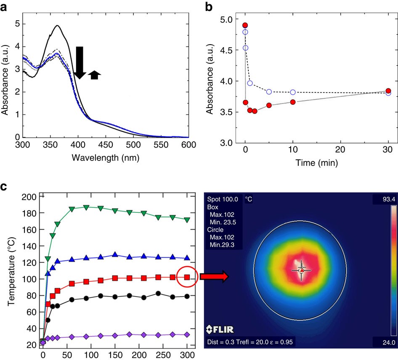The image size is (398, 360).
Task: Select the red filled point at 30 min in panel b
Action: coord(388,91)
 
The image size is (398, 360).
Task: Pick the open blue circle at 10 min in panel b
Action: coord(293,92)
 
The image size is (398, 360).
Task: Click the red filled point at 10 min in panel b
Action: coord(293,102)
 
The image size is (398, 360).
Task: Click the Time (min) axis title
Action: coord(316,163)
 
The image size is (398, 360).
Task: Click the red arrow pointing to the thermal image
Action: coord(214,276)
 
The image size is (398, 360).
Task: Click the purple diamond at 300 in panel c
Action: coord(187,335)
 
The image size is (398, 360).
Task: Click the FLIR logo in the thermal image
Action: coord(220,328)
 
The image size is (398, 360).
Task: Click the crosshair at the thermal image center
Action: coord(301,270)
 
